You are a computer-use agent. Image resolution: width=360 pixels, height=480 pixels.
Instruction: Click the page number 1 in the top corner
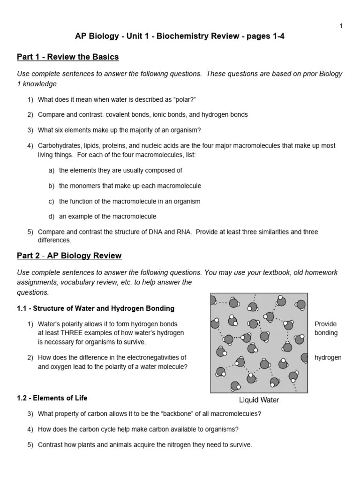pyautogui.click(x=341, y=26)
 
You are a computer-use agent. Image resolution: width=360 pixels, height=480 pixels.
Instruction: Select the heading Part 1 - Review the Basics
pyautogui.click(x=67, y=57)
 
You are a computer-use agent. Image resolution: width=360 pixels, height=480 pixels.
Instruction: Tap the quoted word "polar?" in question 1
pyautogui.click(x=184, y=99)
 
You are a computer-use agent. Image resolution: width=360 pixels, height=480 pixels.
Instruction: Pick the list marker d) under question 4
pyautogui.click(x=52, y=217)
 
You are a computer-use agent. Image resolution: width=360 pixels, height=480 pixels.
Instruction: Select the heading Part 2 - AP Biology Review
pyautogui.click(x=69, y=256)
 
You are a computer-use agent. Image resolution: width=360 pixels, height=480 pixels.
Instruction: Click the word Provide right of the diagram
pyautogui.click(x=325, y=324)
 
